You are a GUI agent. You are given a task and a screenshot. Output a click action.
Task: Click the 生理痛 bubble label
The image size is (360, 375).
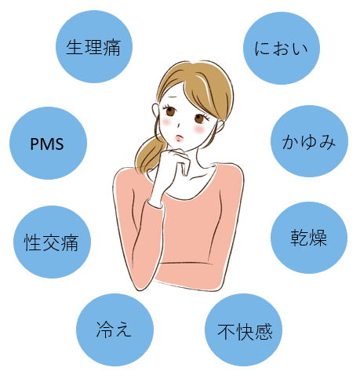pos(93,48)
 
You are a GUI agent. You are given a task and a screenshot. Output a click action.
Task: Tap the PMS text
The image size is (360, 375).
pos(47,144)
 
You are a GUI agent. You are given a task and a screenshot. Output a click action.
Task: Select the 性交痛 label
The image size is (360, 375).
pos(51,242)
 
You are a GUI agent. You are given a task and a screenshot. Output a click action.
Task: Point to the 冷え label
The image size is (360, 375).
pos(114,329)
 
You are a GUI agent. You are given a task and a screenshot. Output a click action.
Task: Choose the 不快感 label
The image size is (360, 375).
pos(245,332)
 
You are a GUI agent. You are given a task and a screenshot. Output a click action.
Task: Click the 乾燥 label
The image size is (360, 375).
pos(309,238)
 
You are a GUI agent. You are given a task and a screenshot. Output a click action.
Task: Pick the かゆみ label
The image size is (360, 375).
pos(309,142)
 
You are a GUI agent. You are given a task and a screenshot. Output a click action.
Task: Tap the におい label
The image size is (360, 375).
pos(282,49)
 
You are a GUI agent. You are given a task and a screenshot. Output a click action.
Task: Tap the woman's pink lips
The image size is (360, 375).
pos(179,137)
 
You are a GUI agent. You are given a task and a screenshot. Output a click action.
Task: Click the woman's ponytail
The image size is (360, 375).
pos(148,155)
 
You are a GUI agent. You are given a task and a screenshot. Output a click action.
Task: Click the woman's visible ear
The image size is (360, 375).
pos(155,111)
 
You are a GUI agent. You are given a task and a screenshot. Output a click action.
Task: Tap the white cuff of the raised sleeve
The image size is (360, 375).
pos(155,203)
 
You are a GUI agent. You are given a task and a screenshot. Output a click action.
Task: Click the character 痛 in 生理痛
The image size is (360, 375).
pos(112,48)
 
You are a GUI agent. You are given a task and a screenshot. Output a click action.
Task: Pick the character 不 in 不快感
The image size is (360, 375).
pos(227,332)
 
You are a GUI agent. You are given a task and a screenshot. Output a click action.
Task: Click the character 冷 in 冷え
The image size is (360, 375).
pos(105,329)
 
